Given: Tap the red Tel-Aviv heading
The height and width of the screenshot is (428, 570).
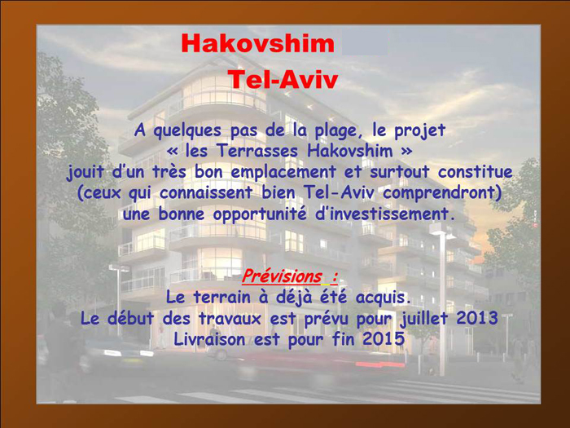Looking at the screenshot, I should coord(283,80).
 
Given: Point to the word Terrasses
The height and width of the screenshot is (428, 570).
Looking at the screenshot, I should coord(262,151).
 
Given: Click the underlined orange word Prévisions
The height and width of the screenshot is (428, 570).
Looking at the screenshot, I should coord(281,276).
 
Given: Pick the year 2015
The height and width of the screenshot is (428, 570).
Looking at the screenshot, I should coord(383,338).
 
